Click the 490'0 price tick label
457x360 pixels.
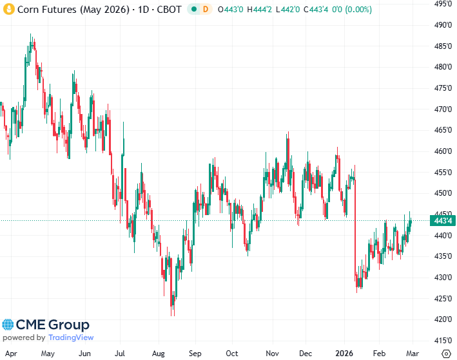click(442, 24)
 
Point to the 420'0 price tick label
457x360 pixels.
click(442, 319)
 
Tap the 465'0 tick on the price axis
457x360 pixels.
click(442, 130)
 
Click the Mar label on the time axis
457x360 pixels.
click(413, 353)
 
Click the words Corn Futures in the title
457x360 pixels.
click(42, 10)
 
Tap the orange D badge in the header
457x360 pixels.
click(206, 10)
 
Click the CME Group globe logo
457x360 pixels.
click(8, 325)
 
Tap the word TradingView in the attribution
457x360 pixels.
click(71, 337)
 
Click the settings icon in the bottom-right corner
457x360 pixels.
click(445, 353)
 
